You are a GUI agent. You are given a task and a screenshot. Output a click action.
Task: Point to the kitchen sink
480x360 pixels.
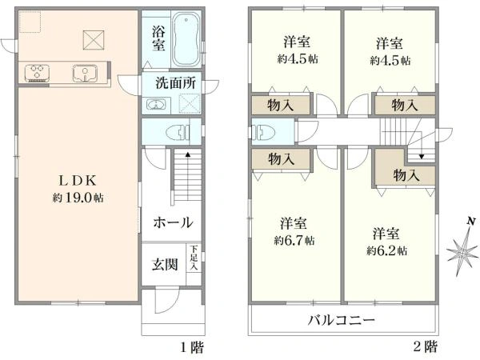point(84,74)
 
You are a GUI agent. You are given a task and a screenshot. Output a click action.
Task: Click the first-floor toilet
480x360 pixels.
point(172,132)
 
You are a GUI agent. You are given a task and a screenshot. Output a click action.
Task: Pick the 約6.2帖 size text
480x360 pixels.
point(386,250)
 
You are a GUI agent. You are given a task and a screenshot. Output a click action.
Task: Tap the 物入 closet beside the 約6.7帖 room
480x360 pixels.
point(281,158)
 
